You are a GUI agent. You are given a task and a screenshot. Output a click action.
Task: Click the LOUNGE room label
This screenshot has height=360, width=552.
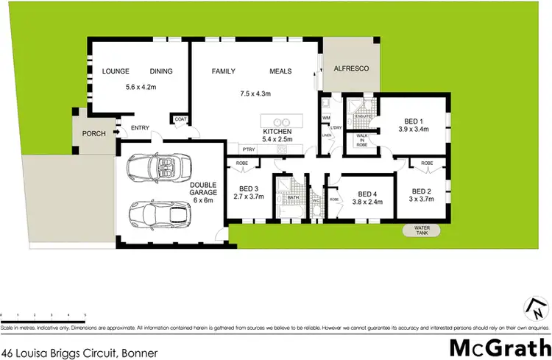pyautogui.click(x=116, y=71)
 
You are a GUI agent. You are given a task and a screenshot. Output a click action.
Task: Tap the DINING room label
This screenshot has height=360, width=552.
pyautogui.click(x=161, y=71)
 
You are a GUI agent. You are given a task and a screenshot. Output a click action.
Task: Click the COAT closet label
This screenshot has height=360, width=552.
pyautogui.click(x=180, y=119)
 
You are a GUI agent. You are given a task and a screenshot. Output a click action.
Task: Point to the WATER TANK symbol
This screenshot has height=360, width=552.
pyautogui.click(x=416, y=230)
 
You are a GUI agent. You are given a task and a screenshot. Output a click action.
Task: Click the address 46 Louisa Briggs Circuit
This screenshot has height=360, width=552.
pyautogui.click(x=79, y=354)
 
